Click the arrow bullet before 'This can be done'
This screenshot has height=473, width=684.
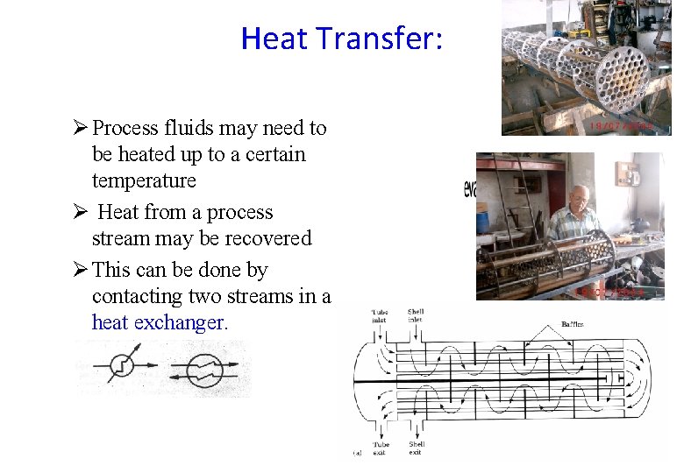[x=81, y=270]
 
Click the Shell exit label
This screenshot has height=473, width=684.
[x=417, y=448]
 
